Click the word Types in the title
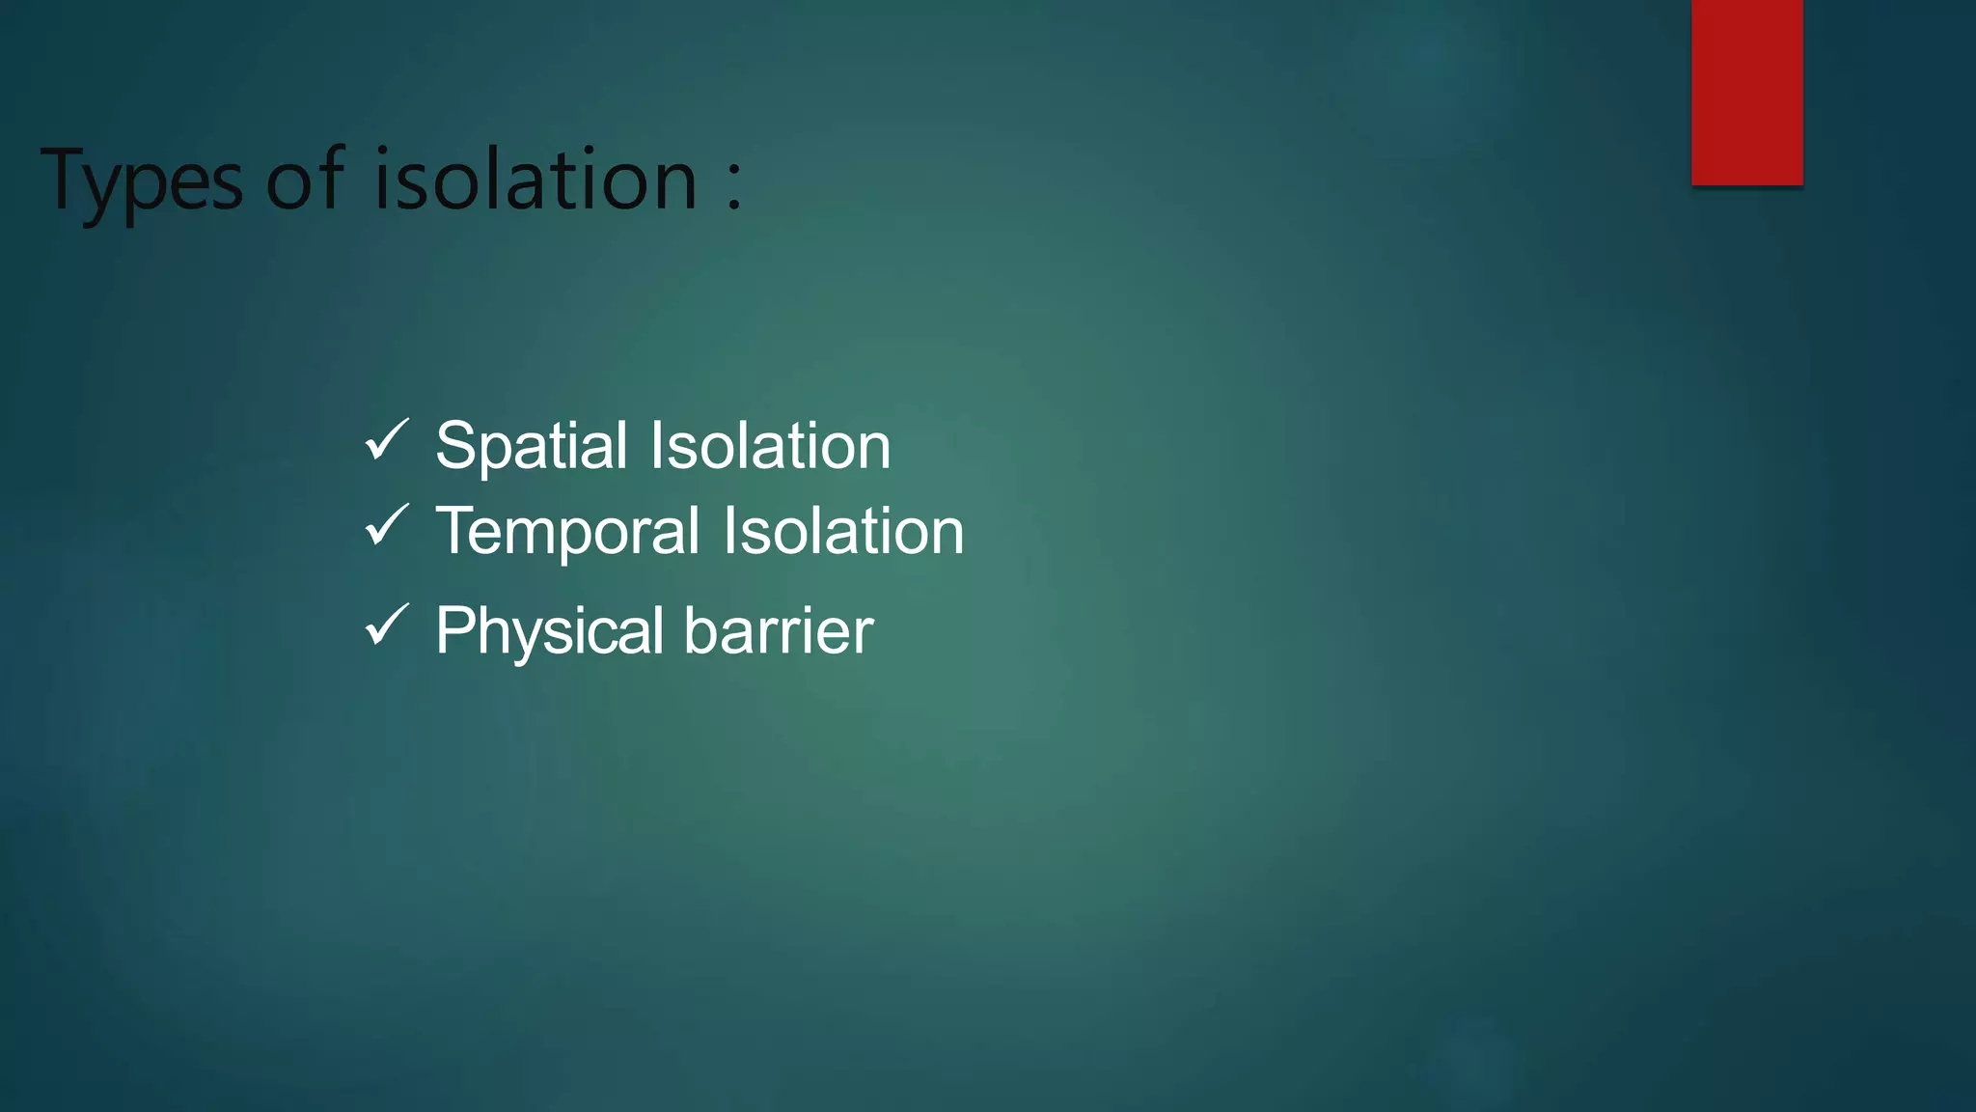(x=142, y=181)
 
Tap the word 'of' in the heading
(x=305, y=179)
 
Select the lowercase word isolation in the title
(x=535, y=179)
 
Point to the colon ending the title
(x=735, y=182)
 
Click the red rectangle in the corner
(x=1746, y=92)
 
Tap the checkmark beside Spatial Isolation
(x=387, y=440)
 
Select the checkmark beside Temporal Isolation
(x=387, y=525)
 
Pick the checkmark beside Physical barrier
(x=387, y=625)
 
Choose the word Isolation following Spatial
(x=770, y=446)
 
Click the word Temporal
(x=567, y=532)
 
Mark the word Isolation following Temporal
(x=843, y=531)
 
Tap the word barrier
(x=779, y=630)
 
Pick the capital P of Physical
(x=454, y=630)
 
